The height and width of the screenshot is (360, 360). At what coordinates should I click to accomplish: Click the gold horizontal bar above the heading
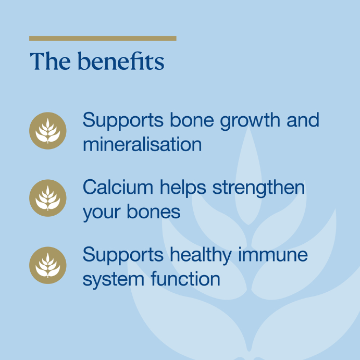[103, 39]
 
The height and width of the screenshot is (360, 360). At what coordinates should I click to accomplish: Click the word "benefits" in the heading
[121, 61]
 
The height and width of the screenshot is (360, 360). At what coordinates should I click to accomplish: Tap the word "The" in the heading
[50, 61]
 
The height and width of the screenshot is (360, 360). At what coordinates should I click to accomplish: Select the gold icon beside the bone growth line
[48, 131]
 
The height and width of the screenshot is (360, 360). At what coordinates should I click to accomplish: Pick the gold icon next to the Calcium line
[48, 198]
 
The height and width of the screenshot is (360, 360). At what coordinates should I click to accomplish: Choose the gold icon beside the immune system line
[48, 265]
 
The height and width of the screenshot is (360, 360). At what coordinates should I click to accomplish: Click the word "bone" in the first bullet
[192, 120]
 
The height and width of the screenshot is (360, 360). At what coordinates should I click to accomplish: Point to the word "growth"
[250, 121]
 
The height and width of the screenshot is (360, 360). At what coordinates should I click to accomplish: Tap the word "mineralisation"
[142, 144]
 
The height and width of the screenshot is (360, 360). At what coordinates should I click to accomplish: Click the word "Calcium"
[118, 188]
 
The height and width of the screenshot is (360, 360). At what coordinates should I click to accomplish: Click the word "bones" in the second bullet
[154, 212]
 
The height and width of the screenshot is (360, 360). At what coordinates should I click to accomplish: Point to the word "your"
[102, 213]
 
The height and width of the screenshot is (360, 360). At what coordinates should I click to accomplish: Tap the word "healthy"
[201, 256]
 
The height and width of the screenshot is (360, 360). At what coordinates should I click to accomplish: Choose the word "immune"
[273, 255]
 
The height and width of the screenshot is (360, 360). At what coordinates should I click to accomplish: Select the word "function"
[185, 278]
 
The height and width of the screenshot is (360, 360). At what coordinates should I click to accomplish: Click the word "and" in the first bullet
[303, 120]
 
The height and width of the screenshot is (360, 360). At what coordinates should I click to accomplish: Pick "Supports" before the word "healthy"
[123, 256]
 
